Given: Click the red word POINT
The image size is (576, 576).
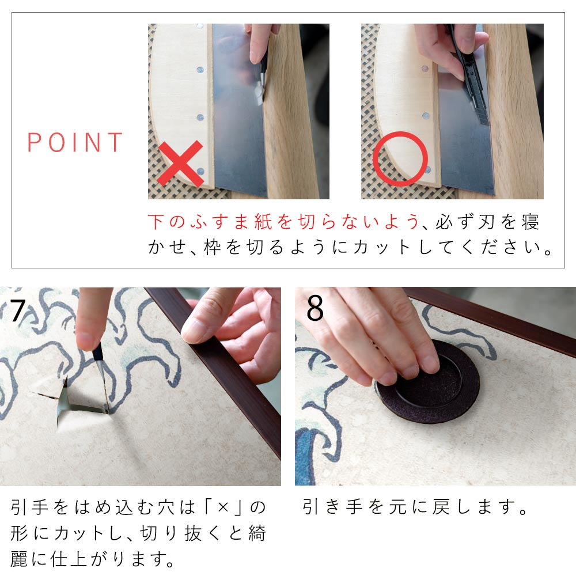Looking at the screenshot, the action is (75, 142).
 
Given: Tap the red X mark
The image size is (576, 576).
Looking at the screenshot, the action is (180, 163).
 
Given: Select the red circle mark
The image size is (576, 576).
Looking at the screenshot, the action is (400, 159).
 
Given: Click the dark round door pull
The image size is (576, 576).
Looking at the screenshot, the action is (428, 382).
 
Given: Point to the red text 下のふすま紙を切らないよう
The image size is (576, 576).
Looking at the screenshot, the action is (283, 222).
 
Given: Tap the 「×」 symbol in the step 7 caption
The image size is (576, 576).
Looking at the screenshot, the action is (223, 507).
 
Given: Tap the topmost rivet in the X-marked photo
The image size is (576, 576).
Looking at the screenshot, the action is (200, 26).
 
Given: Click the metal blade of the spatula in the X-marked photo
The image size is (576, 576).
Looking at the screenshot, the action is (239, 110).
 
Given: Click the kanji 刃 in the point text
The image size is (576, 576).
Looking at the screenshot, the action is (487, 222).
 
